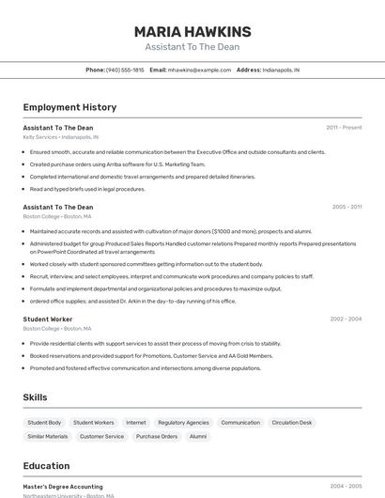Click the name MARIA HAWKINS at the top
[192, 32]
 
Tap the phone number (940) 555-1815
[125, 70]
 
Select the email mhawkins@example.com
[199, 70]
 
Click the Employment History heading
[69, 107]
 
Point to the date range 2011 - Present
[344, 127]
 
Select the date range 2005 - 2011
[346, 207]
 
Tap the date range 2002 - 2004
[346, 319]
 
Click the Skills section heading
[35, 397]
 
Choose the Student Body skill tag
[44, 423]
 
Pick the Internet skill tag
[136, 423]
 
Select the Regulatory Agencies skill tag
[183, 423]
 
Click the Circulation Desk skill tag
[292, 423]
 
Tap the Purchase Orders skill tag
[157, 436]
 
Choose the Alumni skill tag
[198, 436]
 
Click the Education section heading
[46, 466]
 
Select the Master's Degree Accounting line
[63, 487]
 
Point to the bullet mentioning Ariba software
[117, 163]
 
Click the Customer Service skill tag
[101, 436]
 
